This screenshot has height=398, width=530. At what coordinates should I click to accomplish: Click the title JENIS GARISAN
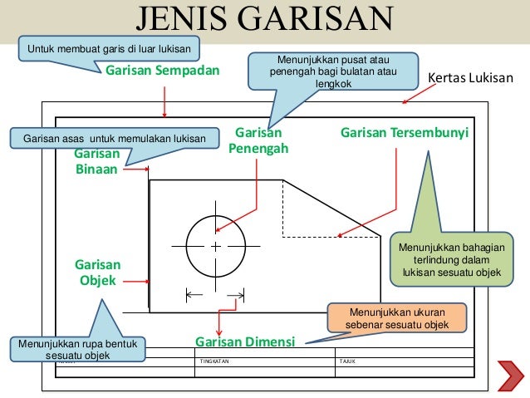[x=265, y=19]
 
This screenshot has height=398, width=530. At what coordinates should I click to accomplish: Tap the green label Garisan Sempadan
[x=163, y=71]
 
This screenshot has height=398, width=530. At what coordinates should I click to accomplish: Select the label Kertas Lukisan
[x=470, y=80]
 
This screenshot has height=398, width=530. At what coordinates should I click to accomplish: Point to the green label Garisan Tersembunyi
[x=405, y=133]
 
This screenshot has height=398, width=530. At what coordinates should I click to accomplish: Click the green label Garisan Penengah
[x=258, y=141]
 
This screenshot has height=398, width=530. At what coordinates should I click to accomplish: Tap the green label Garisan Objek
[x=97, y=273]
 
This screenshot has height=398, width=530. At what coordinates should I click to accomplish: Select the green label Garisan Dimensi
[x=246, y=341]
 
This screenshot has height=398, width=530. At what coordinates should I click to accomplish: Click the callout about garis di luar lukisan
[x=110, y=49]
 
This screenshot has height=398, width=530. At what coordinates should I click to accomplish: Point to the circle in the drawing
[x=215, y=247]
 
